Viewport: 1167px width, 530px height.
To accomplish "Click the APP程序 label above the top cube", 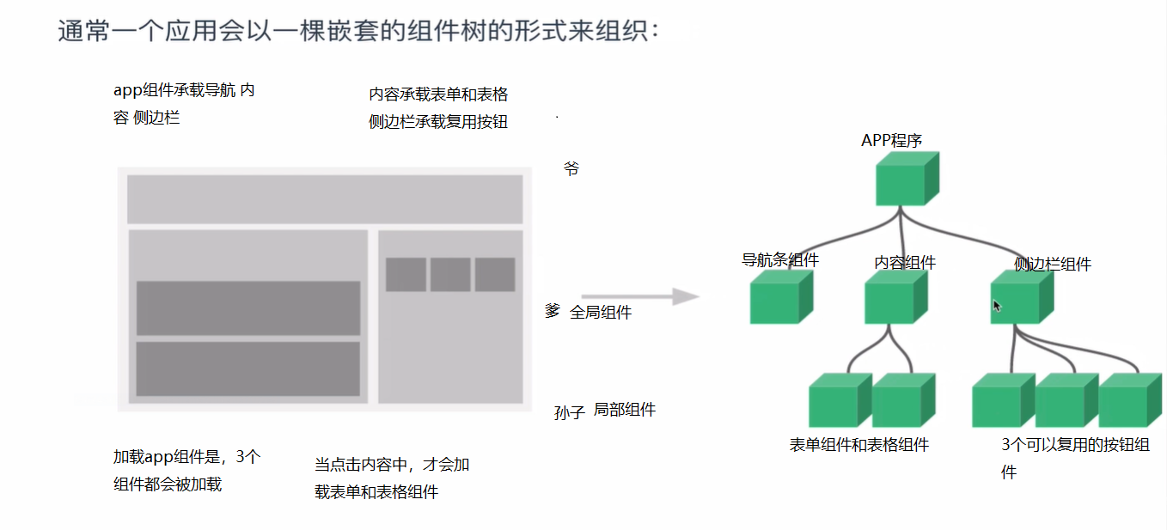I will pyautogui.click(x=891, y=141).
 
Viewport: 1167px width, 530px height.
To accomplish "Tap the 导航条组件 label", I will pyautogui.click(x=779, y=259).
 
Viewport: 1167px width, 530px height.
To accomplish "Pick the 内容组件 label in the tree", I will pyautogui.click(x=905, y=263).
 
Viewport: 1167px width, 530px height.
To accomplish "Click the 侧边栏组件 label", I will pyautogui.click(x=1053, y=265).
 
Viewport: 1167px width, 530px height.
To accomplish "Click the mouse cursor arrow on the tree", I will pyautogui.click(x=997, y=305).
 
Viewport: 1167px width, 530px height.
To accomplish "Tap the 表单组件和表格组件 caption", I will pyautogui.click(x=859, y=445).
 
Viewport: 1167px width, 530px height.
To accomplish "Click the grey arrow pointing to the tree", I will pyautogui.click(x=639, y=297).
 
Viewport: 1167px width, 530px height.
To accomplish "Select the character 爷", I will pyautogui.click(x=571, y=168).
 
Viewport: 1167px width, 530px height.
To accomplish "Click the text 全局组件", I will pyautogui.click(x=601, y=313).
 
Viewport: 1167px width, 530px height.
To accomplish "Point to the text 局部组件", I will pyautogui.click(x=625, y=411).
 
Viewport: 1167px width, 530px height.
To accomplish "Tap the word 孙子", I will pyautogui.click(x=570, y=413).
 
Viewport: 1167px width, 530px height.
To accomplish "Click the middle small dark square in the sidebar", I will pyautogui.click(x=450, y=275).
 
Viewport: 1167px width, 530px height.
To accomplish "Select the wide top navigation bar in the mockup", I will pyautogui.click(x=325, y=199).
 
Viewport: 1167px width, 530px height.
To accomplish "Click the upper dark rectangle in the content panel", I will pyautogui.click(x=248, y=308).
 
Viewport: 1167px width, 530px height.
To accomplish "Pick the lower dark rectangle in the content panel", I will pyautogui.click(x=248, y=369).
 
